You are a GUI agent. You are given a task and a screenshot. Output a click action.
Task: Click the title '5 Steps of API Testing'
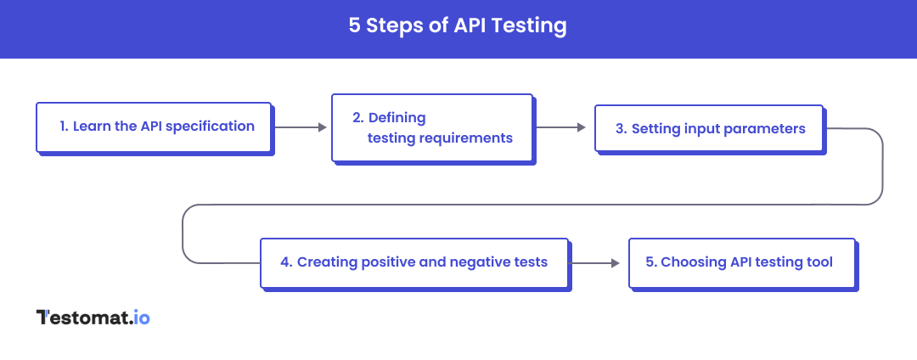tap(458, 26)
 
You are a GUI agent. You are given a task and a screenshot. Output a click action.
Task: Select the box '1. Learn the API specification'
tap(154, 127)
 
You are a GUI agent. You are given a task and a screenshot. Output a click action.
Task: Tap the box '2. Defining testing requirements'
tap(431, 127)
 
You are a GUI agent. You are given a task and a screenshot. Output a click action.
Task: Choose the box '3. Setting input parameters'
tap(709, 129)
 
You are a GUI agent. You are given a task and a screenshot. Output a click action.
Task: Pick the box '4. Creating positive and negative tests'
tap(413, 262)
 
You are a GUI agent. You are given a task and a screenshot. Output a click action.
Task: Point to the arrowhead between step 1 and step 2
tap(323, 127)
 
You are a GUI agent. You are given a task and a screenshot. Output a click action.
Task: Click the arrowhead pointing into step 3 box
tap(582, 127)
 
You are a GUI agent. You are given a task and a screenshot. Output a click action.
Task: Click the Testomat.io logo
tap(93, 318)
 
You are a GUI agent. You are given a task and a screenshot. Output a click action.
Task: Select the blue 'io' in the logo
tap(142, 318)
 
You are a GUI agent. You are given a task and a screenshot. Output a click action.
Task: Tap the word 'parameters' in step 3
tap(767, 129)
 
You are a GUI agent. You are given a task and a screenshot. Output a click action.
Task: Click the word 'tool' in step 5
tap(820, 262)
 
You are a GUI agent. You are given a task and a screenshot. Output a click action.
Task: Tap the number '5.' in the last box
tap(651, 262)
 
